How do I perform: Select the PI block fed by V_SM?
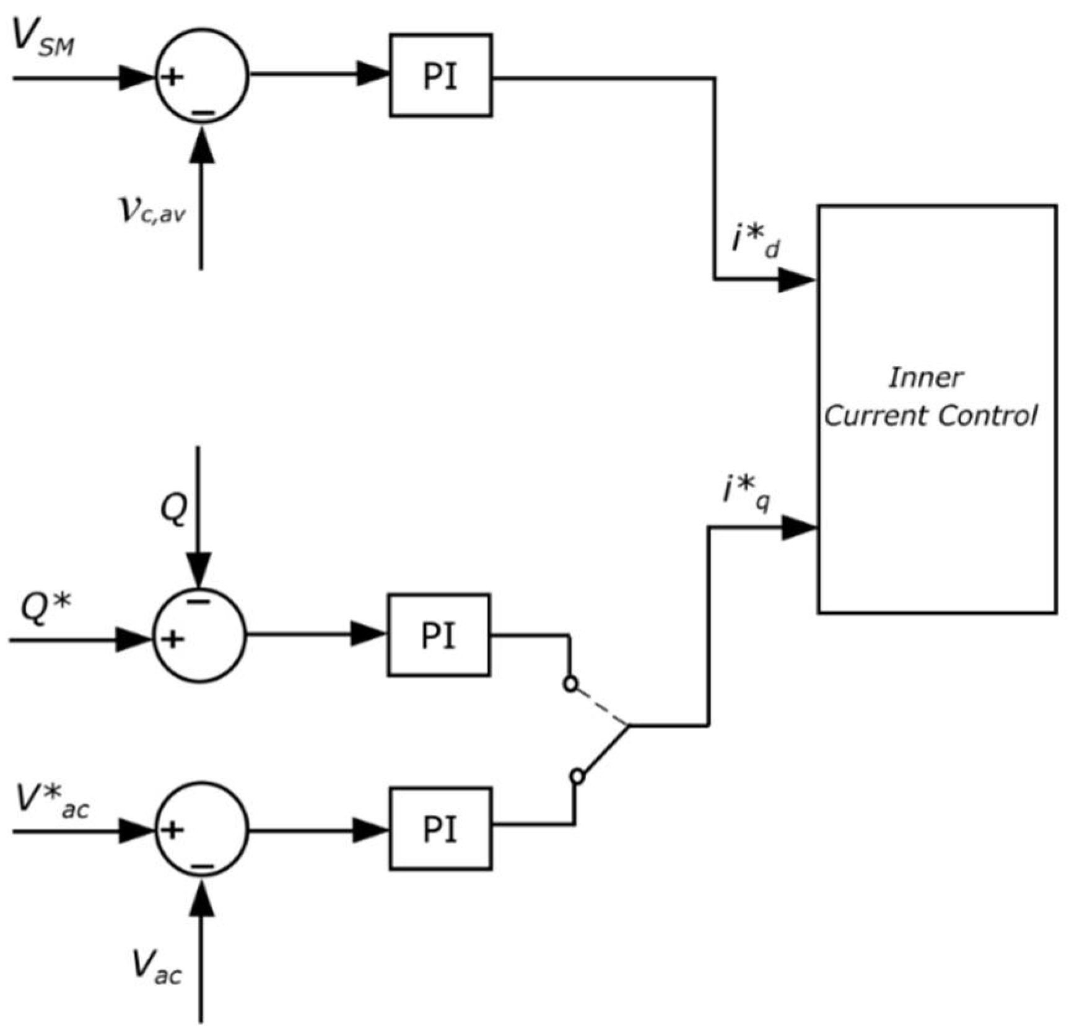pos(440,76)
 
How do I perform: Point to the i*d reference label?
pos(756,240)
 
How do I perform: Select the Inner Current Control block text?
pos(929,397)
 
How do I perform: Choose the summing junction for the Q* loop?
pos(199,635)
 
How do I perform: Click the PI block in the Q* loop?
pos(439,635)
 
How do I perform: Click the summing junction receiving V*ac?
pos(201,829)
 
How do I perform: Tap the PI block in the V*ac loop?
pos(440,829)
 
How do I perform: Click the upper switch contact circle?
pos(570,684)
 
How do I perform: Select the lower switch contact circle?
pos(577,776)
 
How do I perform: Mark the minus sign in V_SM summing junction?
pos(203,113)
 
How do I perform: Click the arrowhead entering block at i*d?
pos(796,279)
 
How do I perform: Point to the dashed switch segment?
pos(600,705)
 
